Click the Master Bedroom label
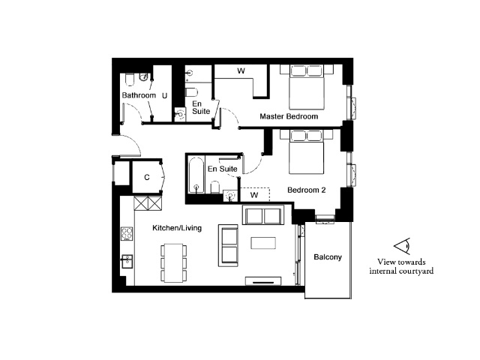(289, 116)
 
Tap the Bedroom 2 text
(307, 190)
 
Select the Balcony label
(328, 257)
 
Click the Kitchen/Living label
(177, 228)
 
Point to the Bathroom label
(139, 95)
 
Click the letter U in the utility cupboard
(165, 96)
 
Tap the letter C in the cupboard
(147, 177)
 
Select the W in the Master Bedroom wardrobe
(241, 71)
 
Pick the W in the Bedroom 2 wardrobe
(254, 195)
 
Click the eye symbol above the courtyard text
(402, 246)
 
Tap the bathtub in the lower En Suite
(196, 175)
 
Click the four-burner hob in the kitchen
(127, 233)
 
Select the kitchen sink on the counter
(127, 261)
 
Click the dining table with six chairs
(174, 262)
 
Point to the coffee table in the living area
(263, 243)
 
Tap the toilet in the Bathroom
(130, 79)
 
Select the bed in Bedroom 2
(307, 151)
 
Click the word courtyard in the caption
(417, 271)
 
